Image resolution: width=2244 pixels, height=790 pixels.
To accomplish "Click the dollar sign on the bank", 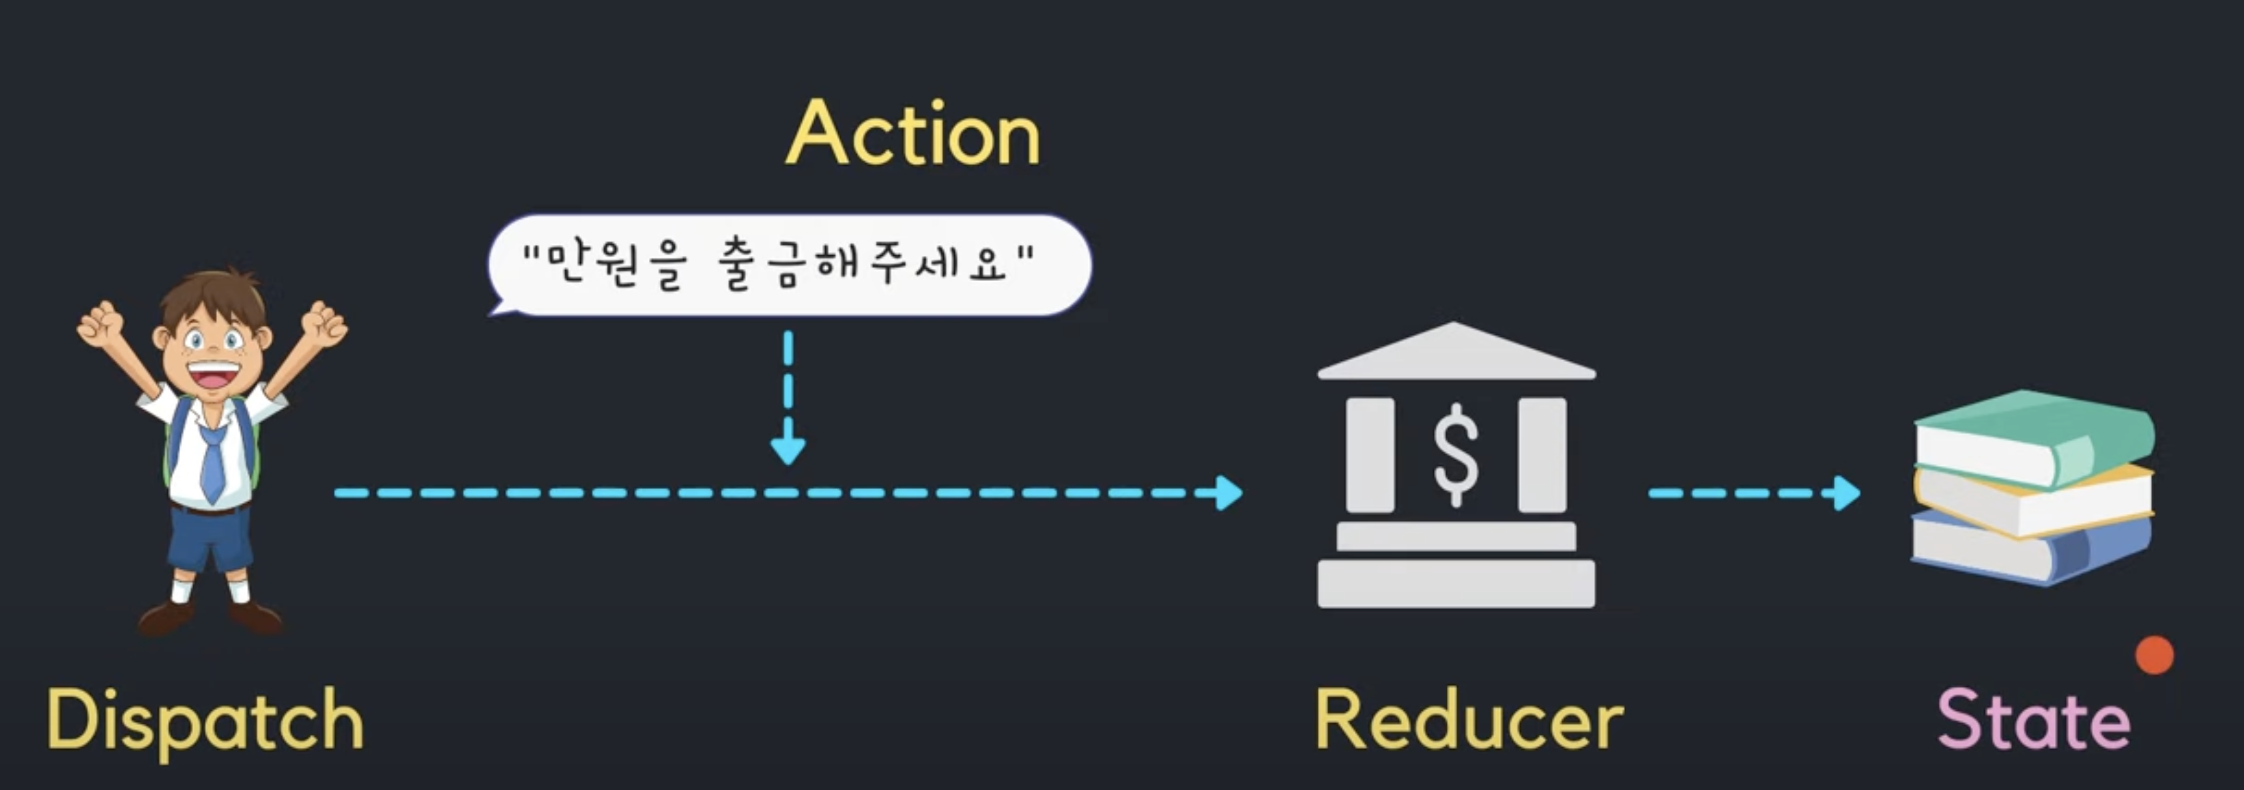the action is click(x=1456, y=454).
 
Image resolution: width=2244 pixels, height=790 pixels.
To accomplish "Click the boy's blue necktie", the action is click(x=212, y=462).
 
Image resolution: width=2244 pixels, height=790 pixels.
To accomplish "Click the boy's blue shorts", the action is click(x=209, y=540).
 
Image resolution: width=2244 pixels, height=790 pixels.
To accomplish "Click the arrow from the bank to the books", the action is click(x=1751, y=493).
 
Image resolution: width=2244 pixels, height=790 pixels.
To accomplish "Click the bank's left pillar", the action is click(x=1369, y=454).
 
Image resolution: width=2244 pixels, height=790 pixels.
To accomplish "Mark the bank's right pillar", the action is click(x=1542, y=454).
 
